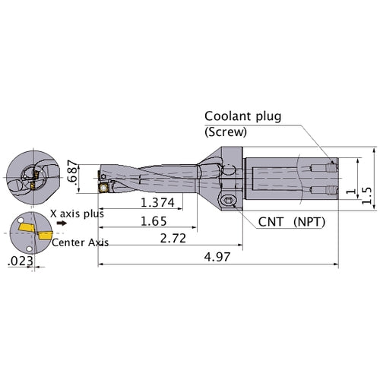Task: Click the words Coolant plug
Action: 242,116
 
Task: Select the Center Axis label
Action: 80,242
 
